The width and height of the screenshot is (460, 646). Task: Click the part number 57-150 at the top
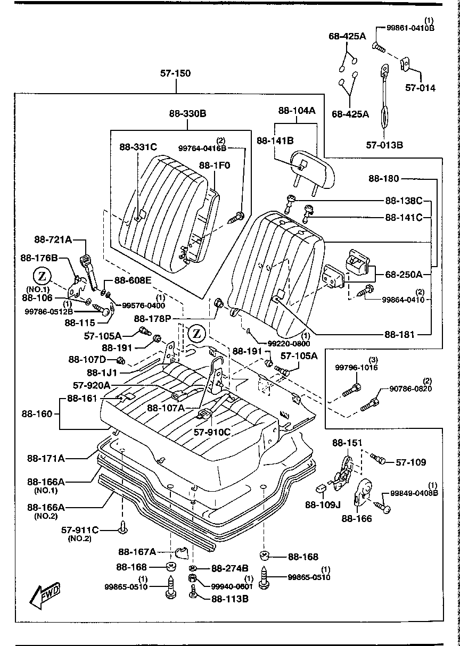(176, 73)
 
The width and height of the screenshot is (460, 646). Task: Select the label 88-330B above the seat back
(188, 113)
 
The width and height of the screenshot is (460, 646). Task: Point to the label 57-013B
(385, 144)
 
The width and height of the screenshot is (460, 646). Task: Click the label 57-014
(420, 88)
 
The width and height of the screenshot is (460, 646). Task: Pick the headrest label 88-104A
(297, 111)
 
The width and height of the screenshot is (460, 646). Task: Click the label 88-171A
(46, 457)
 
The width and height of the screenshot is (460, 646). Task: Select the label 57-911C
(80, 529)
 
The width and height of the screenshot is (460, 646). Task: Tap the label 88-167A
(137, 551)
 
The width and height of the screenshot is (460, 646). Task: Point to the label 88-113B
(231, 599)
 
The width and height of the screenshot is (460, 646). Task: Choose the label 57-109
(411, 462)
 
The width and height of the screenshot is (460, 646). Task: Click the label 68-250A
(404, 275)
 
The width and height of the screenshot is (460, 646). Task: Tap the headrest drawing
(314, 168)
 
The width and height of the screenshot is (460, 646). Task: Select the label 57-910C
(212, 432)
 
